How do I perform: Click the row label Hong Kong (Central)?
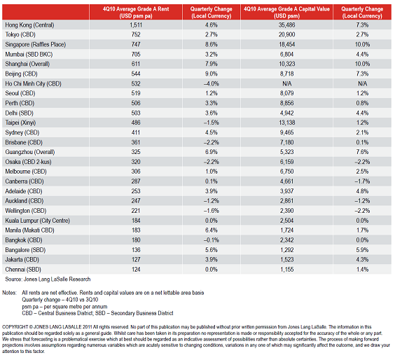click(29, 25)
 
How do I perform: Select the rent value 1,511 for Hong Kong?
click(136, 25)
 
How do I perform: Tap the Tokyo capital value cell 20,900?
click(286, 34)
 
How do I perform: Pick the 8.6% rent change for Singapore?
click(211, 44)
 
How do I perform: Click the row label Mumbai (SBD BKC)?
click(29, 54)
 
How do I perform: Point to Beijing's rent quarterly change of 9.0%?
click(211, 74)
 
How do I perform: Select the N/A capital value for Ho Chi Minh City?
click(286, 83)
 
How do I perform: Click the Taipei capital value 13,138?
click(286, 123)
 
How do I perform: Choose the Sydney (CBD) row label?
click(22, 132)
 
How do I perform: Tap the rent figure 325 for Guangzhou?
click(136, 152)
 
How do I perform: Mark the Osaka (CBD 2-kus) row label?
click(28, 162)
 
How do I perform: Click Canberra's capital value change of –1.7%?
click(362, 181)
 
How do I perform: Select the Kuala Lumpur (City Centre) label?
click(37, 221)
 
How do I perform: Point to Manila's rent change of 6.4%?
click(211, 230)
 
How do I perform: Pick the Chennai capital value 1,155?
click(286, 270)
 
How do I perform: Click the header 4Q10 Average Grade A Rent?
click(136, 13)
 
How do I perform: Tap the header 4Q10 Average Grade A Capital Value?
click(286, 13)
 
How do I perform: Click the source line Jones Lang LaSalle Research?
click(57, 279)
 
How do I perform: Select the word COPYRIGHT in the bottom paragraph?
click(15, 327)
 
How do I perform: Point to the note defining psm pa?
click(64, 307)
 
